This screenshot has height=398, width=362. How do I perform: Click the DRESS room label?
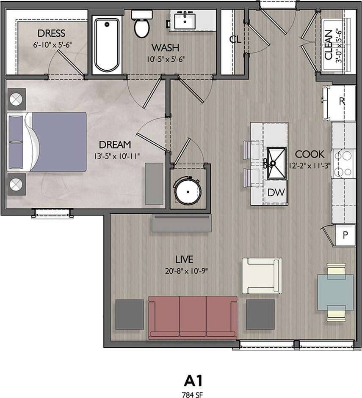tap(51, 33)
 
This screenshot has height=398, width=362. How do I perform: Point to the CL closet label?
tap(235, 40)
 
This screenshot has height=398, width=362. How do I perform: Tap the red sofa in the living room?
tap(193, 317)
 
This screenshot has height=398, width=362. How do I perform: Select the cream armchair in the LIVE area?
tap(261, 275)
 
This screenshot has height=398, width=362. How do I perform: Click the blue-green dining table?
tap(336, 292)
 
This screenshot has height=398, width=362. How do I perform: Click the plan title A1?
tap(193, 381)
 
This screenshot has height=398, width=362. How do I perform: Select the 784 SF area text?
tap(193, 393)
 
